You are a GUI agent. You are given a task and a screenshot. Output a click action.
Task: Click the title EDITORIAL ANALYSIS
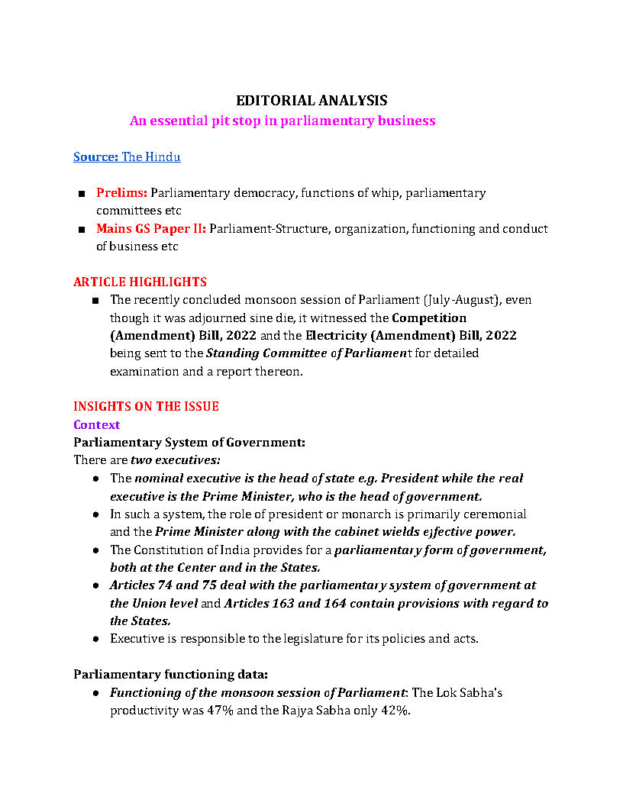pos(311,101)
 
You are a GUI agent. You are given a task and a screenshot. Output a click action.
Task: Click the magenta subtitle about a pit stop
pos(282,121)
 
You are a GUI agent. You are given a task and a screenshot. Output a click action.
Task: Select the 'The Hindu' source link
pos(151,157)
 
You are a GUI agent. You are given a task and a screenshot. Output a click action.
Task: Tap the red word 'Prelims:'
pos(121,193)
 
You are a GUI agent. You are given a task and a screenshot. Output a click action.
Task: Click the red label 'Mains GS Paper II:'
pos(151,229)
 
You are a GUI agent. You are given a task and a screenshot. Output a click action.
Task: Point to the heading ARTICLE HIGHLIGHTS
pos(140,282)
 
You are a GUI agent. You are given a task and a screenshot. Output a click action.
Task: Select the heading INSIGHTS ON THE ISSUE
pos(146,407)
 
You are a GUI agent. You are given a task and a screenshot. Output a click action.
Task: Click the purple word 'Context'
pos(96,424)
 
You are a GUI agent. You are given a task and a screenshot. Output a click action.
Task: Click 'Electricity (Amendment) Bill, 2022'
pos(411,336)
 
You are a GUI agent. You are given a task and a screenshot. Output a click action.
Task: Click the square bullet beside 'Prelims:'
pos(81,194)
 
